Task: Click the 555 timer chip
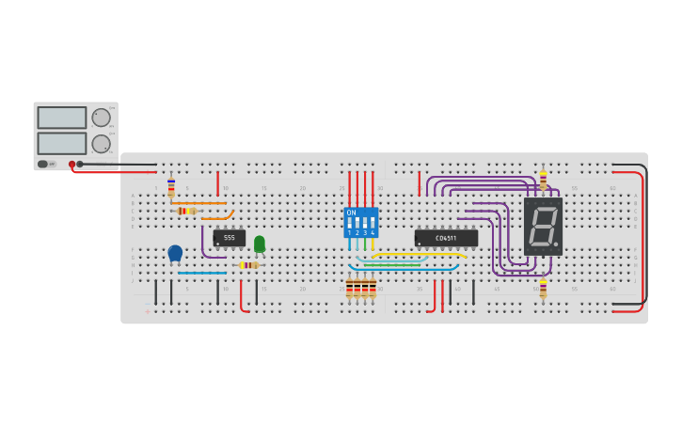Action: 229,238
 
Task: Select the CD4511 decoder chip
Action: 446,238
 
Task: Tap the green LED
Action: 260,244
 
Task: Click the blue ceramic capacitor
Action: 175,252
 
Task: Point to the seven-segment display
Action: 543,227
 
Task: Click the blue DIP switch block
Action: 360,223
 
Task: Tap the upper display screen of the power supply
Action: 62,118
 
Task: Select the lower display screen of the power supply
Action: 62,144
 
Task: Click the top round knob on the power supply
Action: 100,118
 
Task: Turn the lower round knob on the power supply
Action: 100,144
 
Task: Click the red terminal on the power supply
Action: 71,164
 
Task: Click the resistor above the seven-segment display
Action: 543,180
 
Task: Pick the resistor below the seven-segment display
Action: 543,288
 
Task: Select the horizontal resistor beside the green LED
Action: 248,265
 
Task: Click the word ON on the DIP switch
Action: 352,213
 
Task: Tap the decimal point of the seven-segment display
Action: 558,248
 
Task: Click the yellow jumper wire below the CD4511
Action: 419,254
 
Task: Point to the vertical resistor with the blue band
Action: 171,188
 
